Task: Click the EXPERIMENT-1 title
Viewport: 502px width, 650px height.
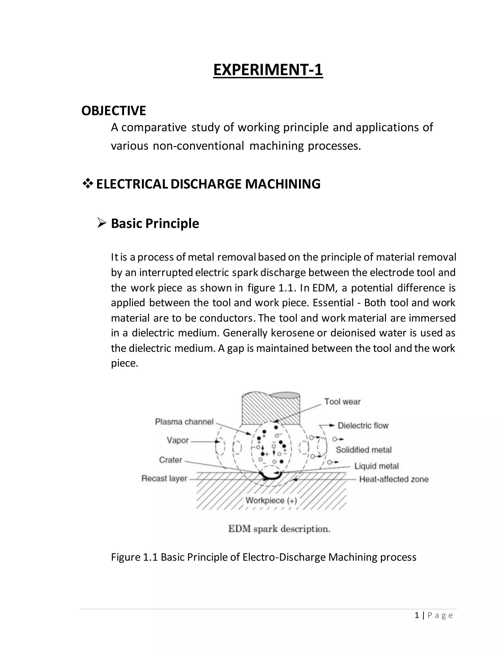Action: [x=268, y=70]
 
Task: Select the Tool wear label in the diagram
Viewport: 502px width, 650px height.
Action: [x=342, y=402]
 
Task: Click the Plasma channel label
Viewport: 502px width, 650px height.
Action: [x=184, y=422]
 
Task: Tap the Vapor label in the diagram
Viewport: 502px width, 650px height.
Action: [x=177, y=440]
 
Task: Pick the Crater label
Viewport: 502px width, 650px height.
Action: [x=170, y=460]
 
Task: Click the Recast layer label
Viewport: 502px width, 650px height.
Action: [x=164, y=478]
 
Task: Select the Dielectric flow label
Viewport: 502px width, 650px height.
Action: [x=363, y=426]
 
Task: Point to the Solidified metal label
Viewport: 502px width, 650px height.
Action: [x=364, y=450]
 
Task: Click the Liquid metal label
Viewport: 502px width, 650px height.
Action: [x=376, y=466]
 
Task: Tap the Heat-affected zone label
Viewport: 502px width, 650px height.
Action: [x=394, y=479]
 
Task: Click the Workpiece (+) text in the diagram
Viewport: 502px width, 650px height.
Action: [x=271, y=500]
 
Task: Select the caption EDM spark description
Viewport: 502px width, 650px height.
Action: [x=279, y=529]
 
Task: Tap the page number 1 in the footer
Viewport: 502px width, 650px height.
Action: [x=417, y=615]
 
